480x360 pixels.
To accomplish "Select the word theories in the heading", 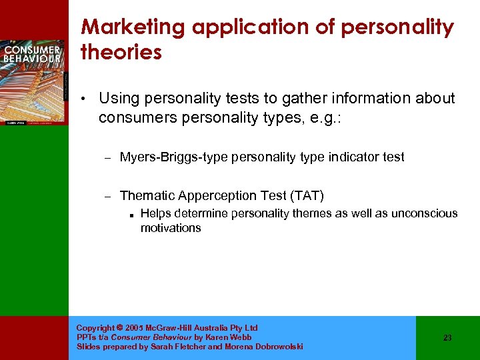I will click(121, 53).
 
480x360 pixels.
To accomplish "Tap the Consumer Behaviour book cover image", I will click(33, 80).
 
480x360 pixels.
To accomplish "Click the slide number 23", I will click(447, 338).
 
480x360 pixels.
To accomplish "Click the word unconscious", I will click(419, 213).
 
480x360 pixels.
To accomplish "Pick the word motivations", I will click(171, 228).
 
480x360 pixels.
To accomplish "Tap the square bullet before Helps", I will click(134, 215).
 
